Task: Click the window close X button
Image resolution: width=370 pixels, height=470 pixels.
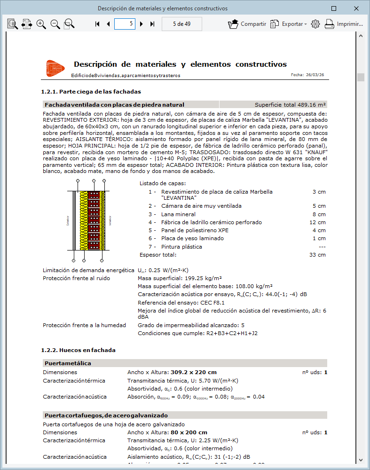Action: [357, 8]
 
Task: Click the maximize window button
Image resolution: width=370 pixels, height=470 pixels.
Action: [334, 8]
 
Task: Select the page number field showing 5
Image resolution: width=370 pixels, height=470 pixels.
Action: [125, 23]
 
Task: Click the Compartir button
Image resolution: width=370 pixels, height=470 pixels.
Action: [247, 24]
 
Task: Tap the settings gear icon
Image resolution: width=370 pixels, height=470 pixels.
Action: [315, 24]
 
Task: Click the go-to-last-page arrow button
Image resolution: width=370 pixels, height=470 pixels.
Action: [152, 24]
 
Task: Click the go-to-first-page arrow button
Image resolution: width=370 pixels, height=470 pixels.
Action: [97, 24]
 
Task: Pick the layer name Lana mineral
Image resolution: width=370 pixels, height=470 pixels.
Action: [179, 214]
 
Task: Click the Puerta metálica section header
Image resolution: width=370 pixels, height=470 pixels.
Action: [68, 363]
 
